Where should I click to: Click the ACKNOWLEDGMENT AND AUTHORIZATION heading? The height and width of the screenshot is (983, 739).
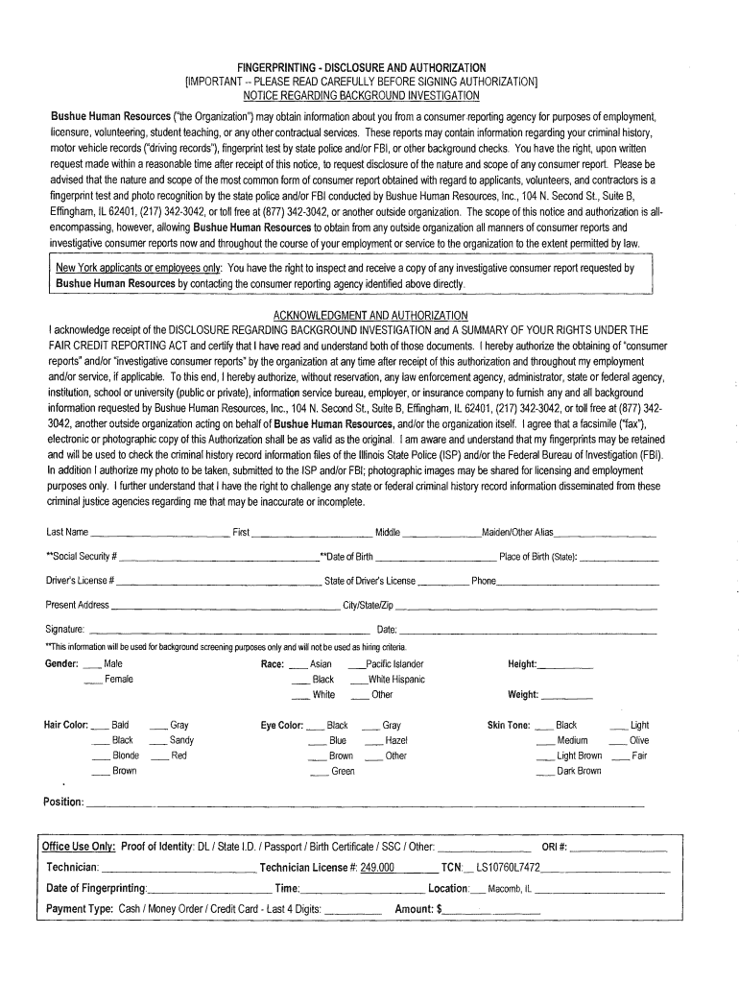tap(370, 316)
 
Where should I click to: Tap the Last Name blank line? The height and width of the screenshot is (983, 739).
tap(160, 535)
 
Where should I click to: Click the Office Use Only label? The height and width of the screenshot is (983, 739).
tap(79, 847)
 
